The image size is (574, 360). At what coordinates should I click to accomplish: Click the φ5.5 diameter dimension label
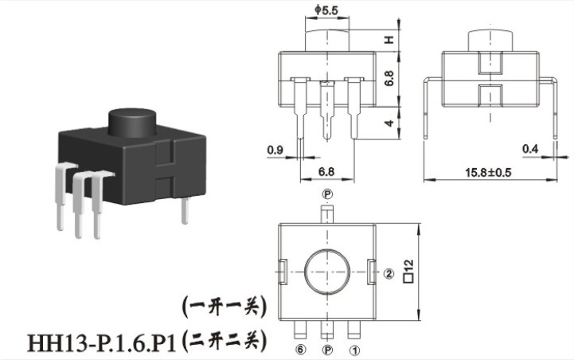[x=326, y=10]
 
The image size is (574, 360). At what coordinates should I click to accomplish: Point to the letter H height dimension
[x=389, y=40]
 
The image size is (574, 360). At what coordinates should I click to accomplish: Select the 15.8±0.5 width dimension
[x=488, y=172]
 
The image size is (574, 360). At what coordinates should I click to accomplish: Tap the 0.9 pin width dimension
[x=275, y=150]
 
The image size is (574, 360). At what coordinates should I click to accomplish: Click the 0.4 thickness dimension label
[x=530, y=149]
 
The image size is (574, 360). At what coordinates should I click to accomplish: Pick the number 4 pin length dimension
[x=389, y=123]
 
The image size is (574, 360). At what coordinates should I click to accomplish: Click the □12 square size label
[x=408, y=271]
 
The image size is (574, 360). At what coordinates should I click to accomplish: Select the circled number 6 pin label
[x=300, y=350]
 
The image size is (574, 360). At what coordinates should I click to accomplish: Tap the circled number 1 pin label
[x=354, y=350]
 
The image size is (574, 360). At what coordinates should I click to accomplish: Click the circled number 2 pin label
[x=389, y=273]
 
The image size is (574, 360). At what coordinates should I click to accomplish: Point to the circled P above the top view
[x=327, y=194]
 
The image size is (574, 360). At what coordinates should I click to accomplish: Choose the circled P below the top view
[x=327, y=350]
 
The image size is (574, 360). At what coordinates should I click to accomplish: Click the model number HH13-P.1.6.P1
[x=102, y=344]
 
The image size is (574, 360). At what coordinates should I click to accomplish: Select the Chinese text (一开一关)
[x=224, y=306]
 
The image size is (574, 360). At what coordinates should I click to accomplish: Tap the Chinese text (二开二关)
[x=224, y=341]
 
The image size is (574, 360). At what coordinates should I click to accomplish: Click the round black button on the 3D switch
[x=132, y=123]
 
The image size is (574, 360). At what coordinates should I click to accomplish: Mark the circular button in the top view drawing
[x=327, y=272]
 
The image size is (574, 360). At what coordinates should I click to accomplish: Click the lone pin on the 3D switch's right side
[x=185, y=210]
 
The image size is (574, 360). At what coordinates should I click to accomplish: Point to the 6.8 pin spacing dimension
[x=326, y=172]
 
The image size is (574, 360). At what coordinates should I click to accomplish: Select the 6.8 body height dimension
[x=389, y=78]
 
